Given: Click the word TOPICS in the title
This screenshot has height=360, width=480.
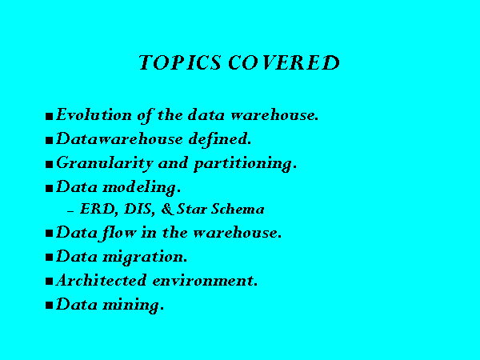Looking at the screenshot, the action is [180, 62].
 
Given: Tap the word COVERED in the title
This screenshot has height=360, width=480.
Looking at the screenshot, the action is [284, 62].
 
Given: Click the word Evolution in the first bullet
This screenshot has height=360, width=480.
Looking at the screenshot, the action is [94, 114].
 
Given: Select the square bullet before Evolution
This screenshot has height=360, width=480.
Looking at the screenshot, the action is [50, 116].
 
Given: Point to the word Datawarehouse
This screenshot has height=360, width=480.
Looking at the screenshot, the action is [120, 139].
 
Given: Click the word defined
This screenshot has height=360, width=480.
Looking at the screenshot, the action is [220, 139].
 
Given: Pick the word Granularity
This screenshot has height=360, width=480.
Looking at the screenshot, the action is [105, 164].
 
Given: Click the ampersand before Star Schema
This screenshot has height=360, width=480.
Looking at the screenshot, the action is [167, 209].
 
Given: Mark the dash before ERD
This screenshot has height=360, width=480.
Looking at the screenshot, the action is [70, 211].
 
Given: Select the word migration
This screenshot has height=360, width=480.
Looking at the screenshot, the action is [145, 257].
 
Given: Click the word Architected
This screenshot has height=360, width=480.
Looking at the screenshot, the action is [102, 280].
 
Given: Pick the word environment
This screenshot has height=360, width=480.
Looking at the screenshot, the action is [205, 281].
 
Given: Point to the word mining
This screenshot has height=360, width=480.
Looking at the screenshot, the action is [133, 306].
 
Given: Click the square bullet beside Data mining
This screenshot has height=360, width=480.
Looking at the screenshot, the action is [50, 306].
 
